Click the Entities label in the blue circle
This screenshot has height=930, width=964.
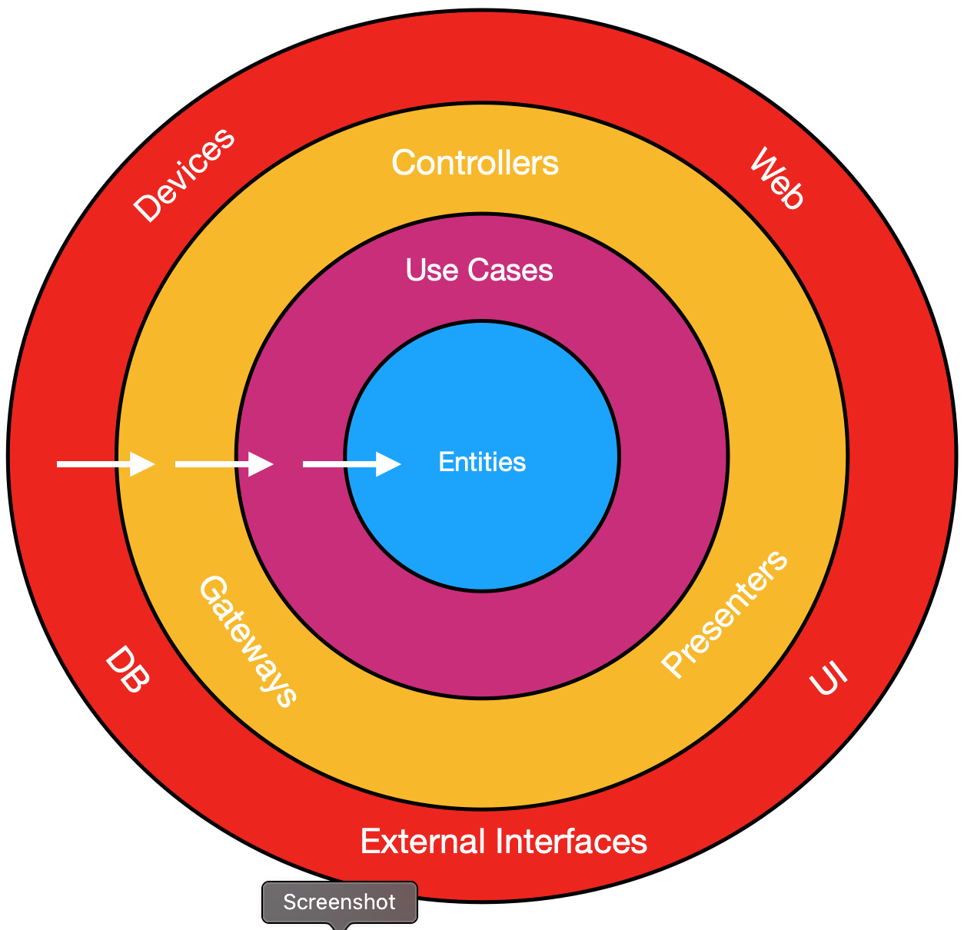(x=482, y=462)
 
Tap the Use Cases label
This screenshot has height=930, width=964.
(x=479, y=270)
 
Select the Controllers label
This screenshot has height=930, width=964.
(x=475, y=163)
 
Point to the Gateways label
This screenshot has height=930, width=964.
(x=248, y=641)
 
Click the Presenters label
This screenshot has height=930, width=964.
(x=725, y=614)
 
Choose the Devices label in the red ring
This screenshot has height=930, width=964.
(x=184, y=175)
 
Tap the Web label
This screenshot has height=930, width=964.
(x=777, y=179)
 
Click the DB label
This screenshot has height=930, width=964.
(x=127, y=669)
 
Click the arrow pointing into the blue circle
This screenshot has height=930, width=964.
(x=351, y=464)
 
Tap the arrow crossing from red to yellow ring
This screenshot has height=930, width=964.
(x=105, y=464)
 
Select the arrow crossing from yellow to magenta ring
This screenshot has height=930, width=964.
(x=224, y=464)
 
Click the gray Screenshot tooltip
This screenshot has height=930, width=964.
(x=339, y=902)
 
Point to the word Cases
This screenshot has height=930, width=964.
(x=510, y=270)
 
